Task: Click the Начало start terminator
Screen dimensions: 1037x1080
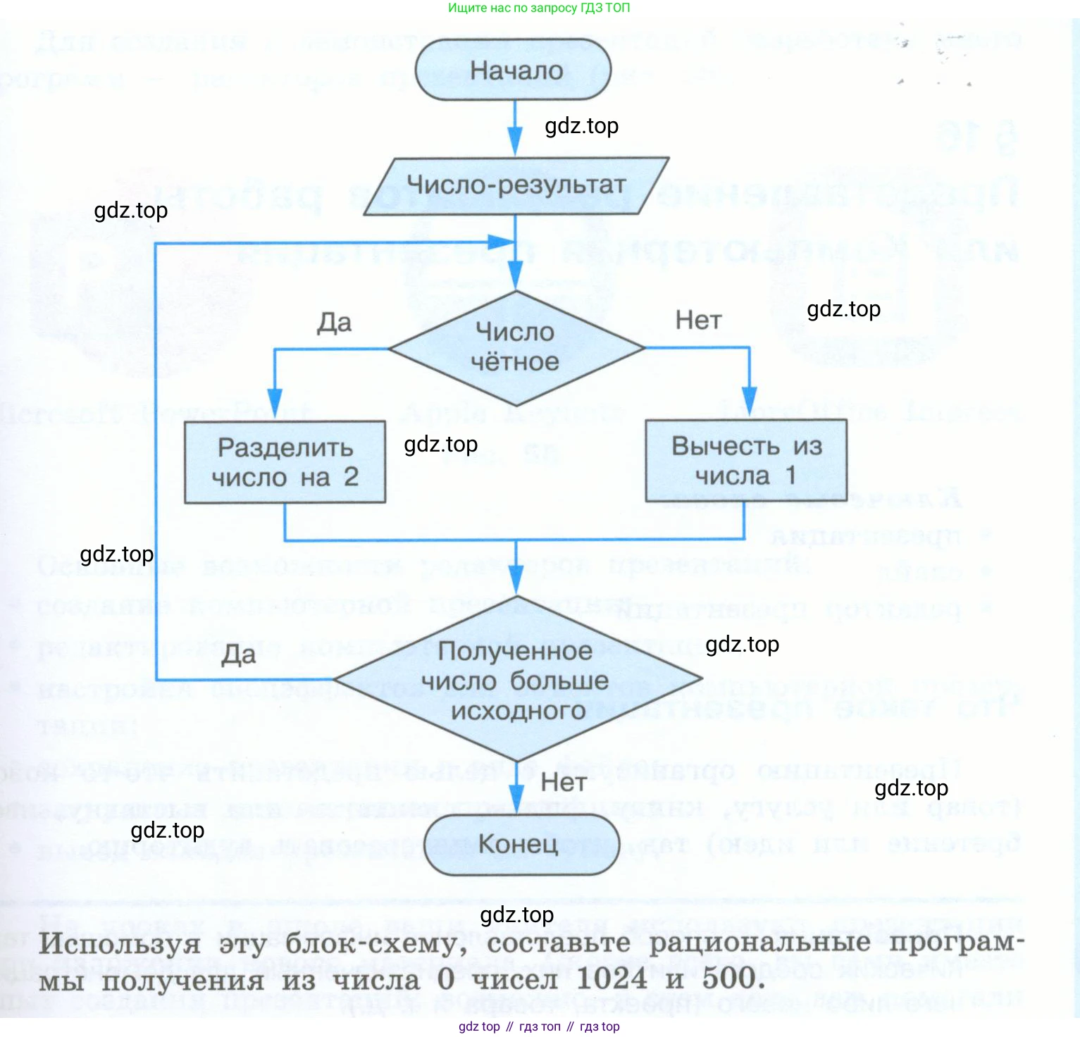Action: [x=514, y=70]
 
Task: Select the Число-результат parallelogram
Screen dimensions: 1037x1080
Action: [x=516, y=185]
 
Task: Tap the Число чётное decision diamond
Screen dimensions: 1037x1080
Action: [x=516, y=348]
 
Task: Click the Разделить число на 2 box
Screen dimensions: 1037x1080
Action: [x=285, y=462]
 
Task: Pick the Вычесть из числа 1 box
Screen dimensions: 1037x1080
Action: [x=746, y=461]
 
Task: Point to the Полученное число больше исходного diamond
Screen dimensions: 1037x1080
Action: [x=517, y=680]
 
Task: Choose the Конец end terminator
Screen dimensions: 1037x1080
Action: [x=520, y=844]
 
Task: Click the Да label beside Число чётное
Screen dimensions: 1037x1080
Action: [x=334, y=323]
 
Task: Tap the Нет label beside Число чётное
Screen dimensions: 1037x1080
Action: [x=698, y=321]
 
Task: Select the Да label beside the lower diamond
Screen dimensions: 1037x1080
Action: [x=238, y=655]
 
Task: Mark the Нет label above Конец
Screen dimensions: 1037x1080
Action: [x=564, y=782]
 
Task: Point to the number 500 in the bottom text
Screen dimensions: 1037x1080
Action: [x=729, y=979]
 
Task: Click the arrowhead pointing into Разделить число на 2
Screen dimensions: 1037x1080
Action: [x=275, y=401]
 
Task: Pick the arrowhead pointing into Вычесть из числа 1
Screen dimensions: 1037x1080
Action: [x=750, y=399]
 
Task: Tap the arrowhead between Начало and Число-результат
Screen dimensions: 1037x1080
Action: [x=516, y=139]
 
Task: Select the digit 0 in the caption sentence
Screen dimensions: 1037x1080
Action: [x=446, y=979]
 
